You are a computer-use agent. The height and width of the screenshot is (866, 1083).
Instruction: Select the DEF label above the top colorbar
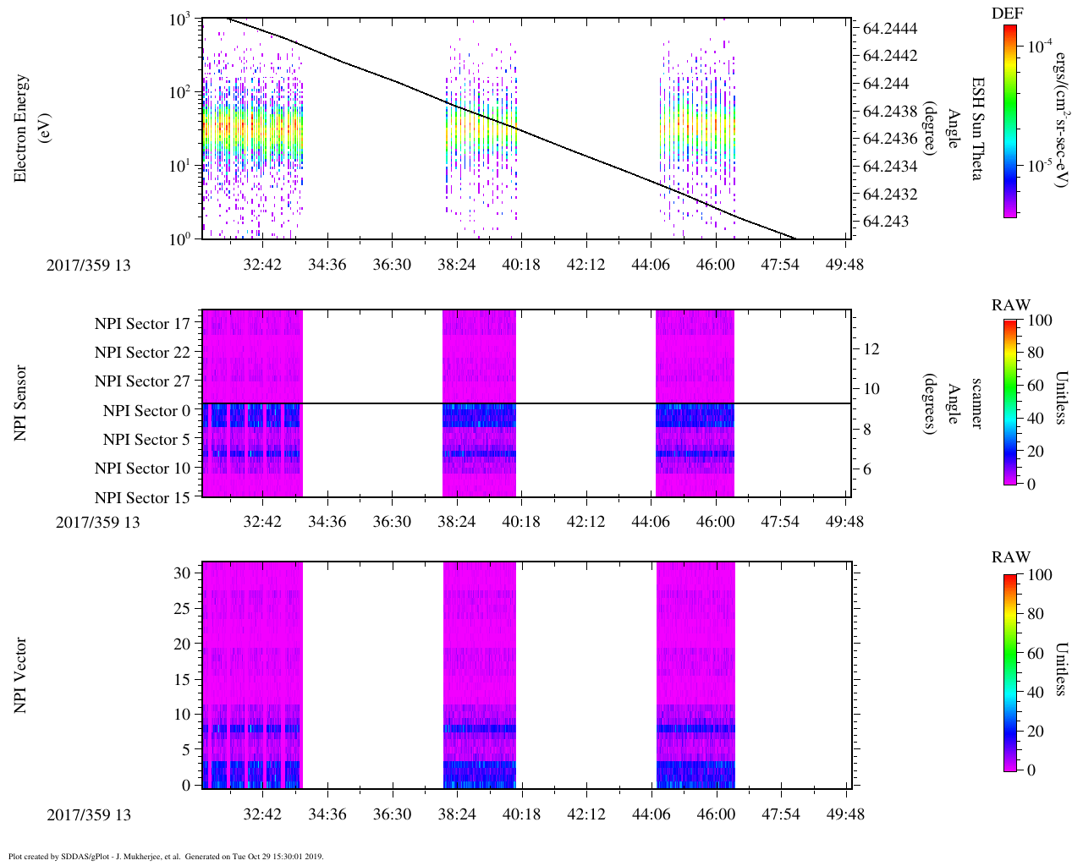coord(1007,14)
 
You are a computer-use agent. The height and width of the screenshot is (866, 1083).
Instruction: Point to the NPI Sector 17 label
coord(142,324)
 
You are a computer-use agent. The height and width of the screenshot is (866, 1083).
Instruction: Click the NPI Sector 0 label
coord(146,411)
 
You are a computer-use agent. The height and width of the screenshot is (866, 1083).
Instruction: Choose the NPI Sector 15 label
coord(142,498)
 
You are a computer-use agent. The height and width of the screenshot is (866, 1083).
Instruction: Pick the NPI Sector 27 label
coord(142,381)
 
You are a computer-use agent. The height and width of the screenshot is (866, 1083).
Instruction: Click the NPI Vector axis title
coord(20,676)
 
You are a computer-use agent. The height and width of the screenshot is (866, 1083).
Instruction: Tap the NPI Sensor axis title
coord(20,403)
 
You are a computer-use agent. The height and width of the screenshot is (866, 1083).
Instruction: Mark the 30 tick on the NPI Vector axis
coord(183,573)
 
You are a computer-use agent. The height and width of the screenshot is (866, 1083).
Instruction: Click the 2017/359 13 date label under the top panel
coord(88,265)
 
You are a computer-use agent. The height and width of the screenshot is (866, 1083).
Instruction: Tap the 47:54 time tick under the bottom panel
coord(780,814)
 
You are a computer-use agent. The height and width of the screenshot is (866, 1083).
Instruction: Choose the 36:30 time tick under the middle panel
coord(392,521)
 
